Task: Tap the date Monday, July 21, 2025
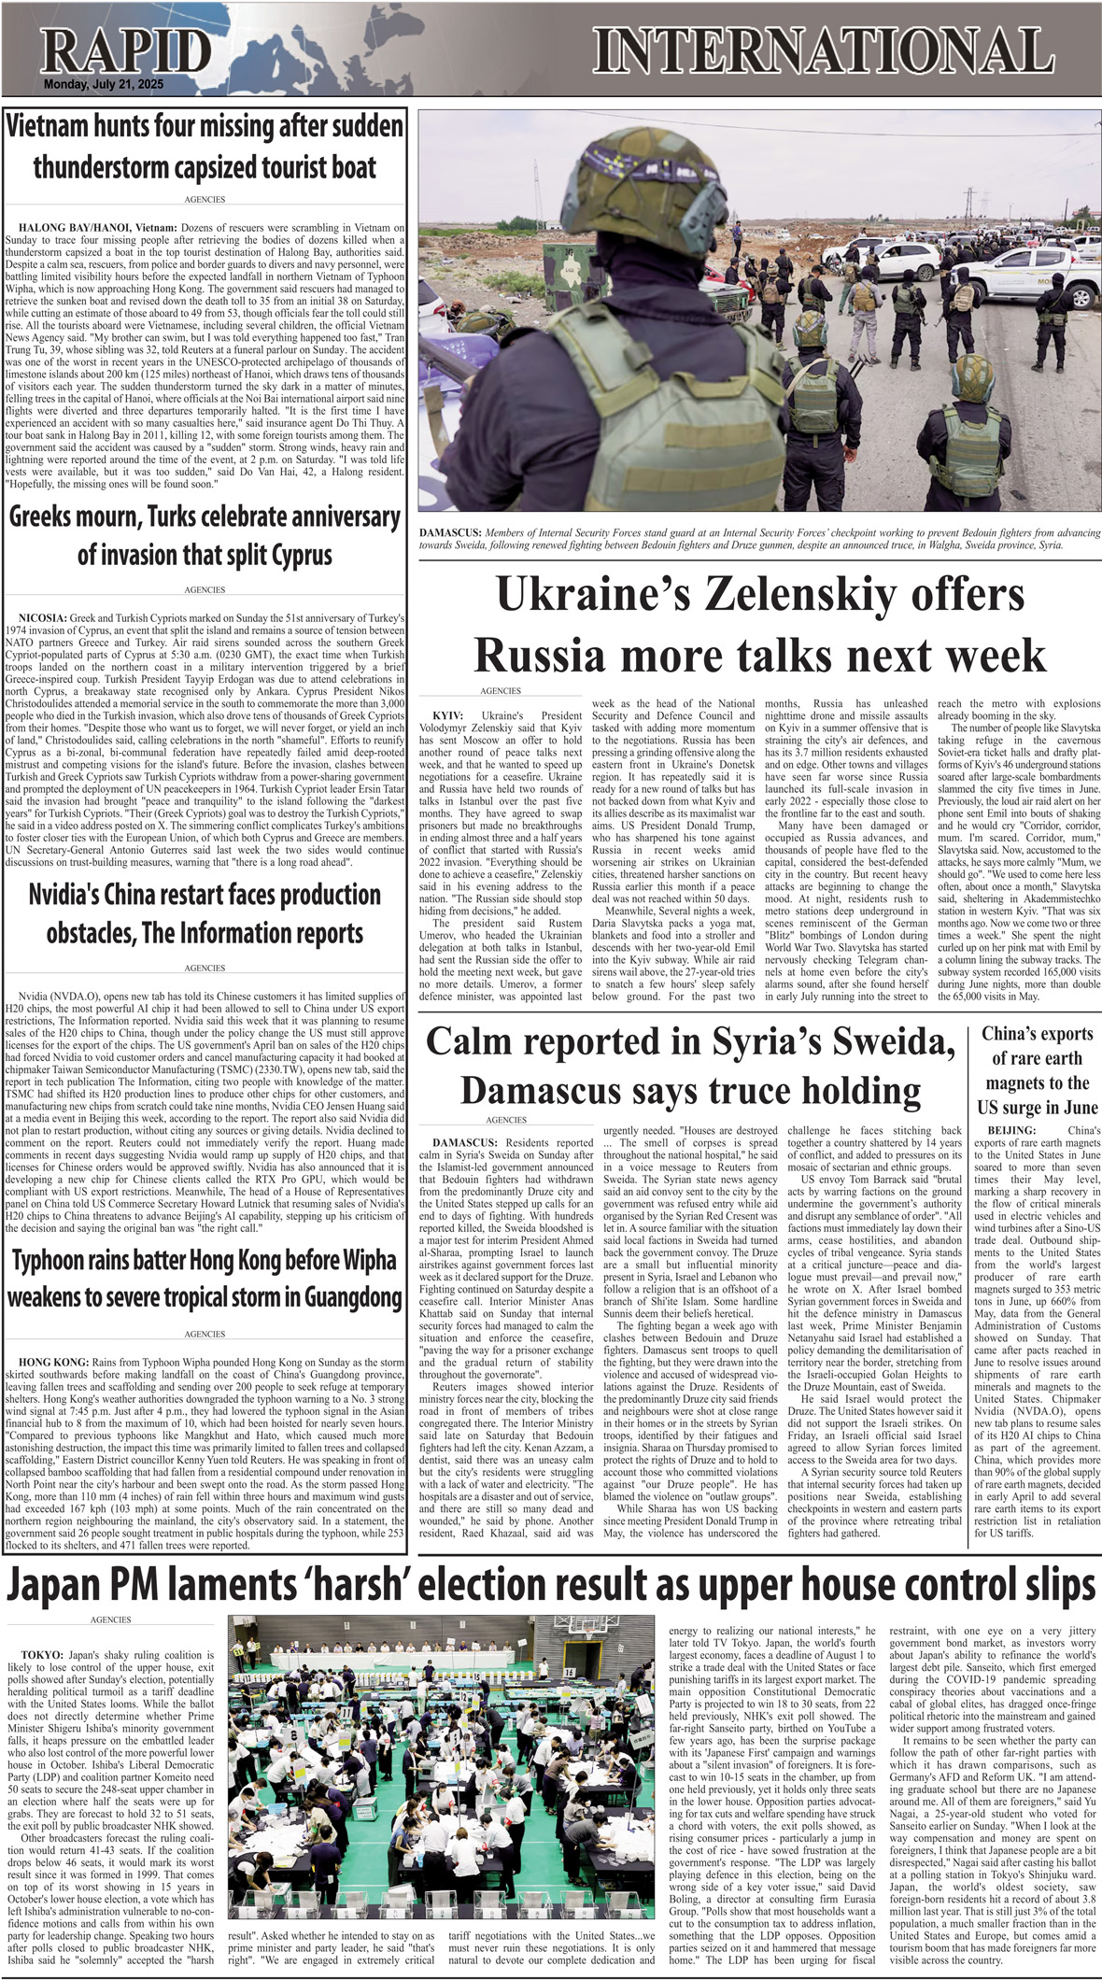[103, 85]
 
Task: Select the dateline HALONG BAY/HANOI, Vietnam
[97, 227]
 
